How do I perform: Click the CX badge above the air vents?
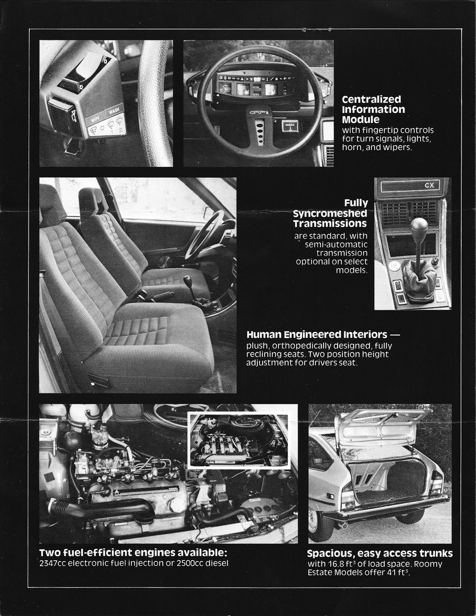429,185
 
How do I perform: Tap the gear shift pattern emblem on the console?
394,266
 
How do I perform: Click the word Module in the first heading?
360,120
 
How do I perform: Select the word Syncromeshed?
330,213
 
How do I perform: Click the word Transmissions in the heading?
330,223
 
